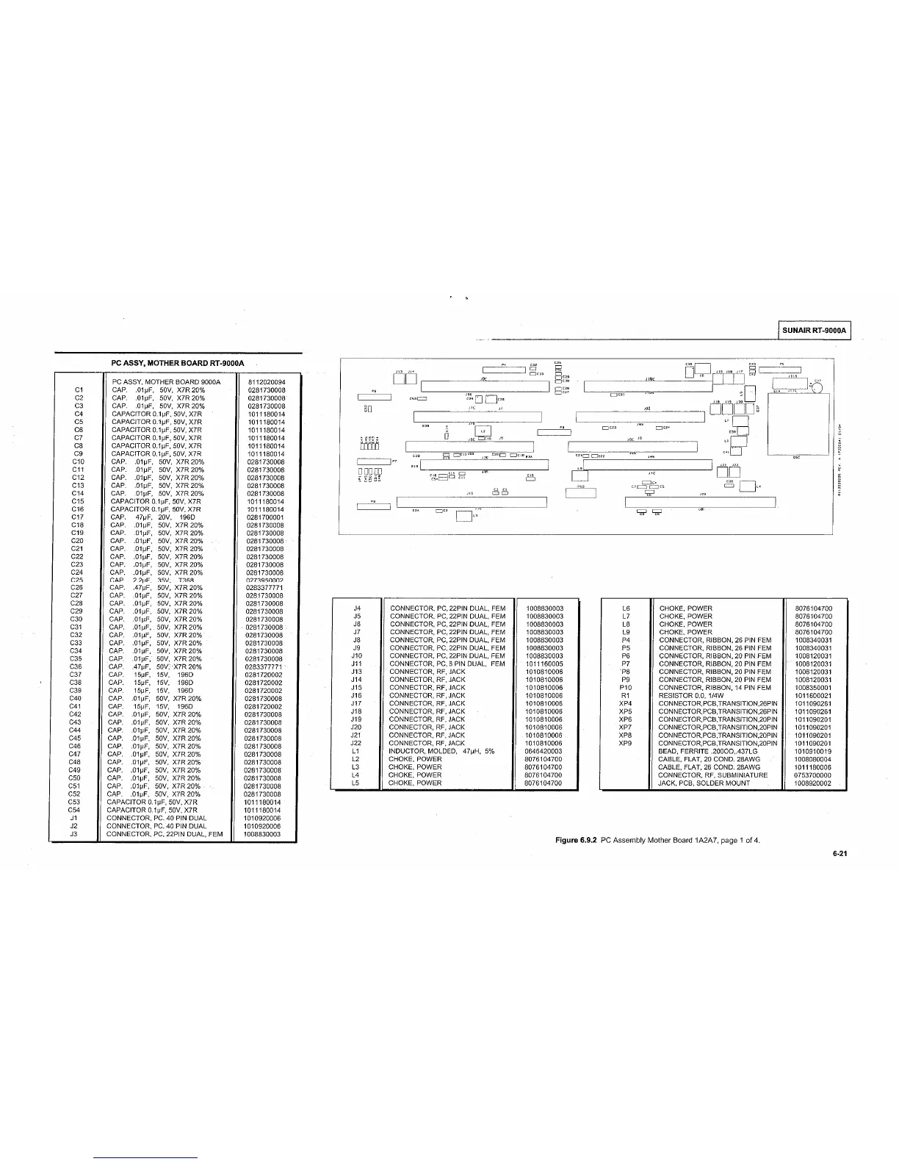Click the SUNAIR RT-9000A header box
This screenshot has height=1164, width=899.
(x=814, y=331)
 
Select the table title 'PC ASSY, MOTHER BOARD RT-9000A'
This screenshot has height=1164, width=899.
(x=179, y=363)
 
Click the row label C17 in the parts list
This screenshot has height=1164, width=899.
(x=78, y=517)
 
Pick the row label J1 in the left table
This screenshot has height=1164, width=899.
(x=73, y=818)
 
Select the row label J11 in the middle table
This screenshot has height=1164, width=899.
(x=357, y=664)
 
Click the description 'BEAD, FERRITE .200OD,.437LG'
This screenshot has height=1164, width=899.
(x=708, y=751)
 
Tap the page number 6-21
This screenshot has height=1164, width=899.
(x=840, y=854)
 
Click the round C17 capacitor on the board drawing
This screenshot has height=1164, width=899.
(x=815, y=387)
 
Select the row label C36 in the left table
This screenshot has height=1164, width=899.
(x=75, y=667)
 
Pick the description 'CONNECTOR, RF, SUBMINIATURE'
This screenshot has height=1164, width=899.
(x=712, y=775)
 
